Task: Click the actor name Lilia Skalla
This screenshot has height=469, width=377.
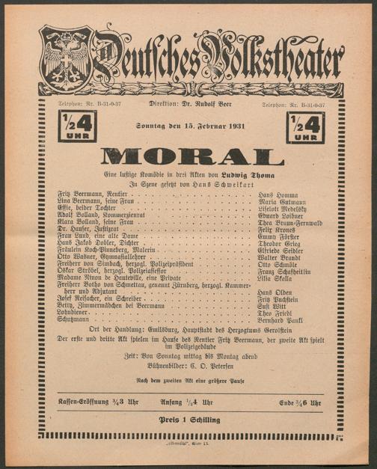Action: [274, 277]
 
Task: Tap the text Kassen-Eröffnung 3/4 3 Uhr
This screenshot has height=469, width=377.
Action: [92, 402]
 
